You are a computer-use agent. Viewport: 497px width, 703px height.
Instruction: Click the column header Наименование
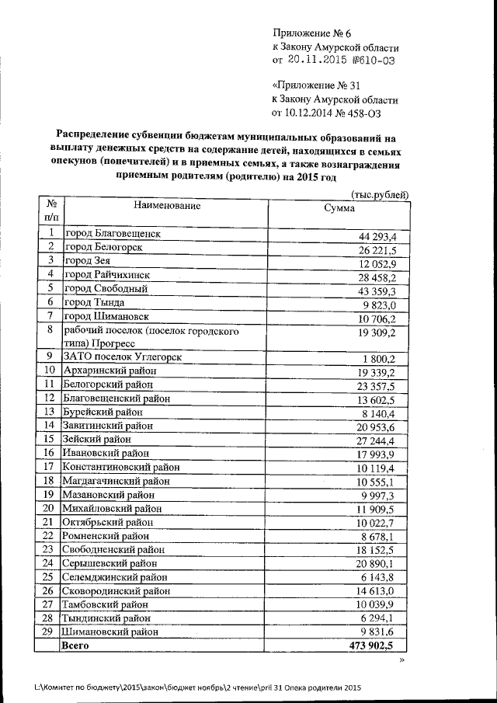(166, 206)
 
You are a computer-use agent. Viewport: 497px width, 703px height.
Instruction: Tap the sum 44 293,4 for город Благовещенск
(378, 235)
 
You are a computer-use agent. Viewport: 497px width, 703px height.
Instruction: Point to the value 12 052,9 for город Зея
(378, 263)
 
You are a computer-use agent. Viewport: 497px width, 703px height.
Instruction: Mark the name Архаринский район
(110, 371)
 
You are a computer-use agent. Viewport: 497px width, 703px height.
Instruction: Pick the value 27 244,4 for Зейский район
(378, 440)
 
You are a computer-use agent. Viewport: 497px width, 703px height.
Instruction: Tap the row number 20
(49, 508)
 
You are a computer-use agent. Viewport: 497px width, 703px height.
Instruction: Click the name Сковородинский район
(117, 590)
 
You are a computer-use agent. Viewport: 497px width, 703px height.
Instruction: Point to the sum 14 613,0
(378, 591)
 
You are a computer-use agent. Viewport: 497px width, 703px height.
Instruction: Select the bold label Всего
(76, 646)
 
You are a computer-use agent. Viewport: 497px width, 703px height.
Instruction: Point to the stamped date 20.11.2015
(320, 59)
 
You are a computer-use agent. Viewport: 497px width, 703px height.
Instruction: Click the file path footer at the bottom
(198, 687)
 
